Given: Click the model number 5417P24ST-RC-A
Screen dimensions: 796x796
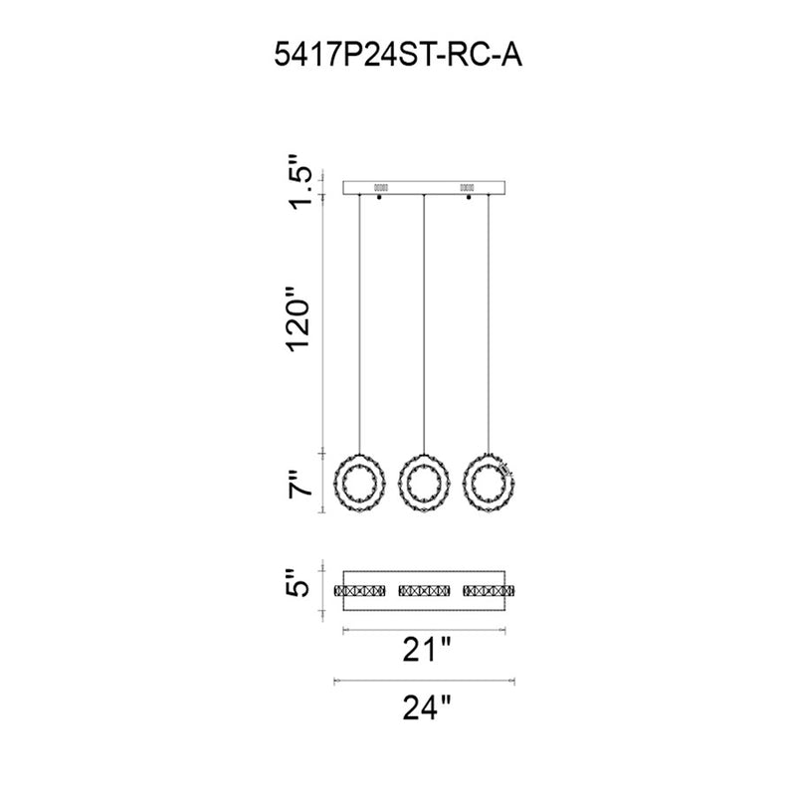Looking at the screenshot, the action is click(x=398, y=55).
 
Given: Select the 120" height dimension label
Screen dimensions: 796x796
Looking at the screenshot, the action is click(x=298, y=319).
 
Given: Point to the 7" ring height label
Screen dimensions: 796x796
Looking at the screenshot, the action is click(x=299, y=485).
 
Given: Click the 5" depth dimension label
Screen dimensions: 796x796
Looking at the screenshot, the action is click(x=298, y=582).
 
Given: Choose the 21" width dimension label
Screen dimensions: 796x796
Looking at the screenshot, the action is click(x=427, y=650).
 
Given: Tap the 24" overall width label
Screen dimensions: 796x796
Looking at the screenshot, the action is click(x=427, y=707).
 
